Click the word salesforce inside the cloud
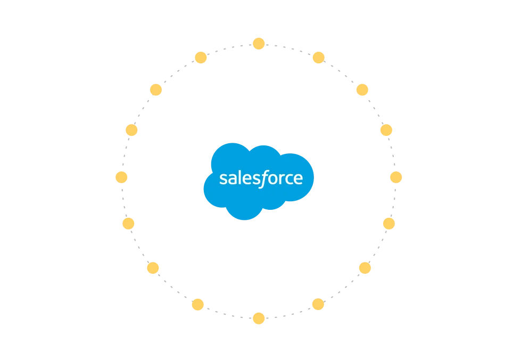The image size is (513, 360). pyautogui.click(x=261, y=178)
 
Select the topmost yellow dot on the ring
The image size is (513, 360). pyautogui.click(x=258, y=43)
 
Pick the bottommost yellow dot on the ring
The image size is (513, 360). pyautogui.click(x=259, y=318)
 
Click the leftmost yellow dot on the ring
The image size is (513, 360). pyautogui.click(x=121, y=177)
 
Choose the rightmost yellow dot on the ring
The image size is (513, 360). pyautogui.click(x=395, y=177)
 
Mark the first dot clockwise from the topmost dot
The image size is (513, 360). pyautogui.click(x=318, y=58)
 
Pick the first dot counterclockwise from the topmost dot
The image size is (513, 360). pyautogui.click(x=201, y=58)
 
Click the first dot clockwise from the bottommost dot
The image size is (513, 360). pyautogui.click(x=198, y=304)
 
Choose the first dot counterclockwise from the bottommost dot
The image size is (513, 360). pyautogui.click(x=317, y=304)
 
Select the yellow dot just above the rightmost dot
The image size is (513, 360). pyautogui.click(x=386, y=130)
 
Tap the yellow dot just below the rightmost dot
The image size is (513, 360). pyautogui.click(x=389, y=223)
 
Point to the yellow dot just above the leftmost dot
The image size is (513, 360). pyautogui.click(x=131, y=130)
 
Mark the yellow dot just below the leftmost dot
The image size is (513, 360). pyautogui.click(x=128, y=223)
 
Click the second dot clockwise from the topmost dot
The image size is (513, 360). pyautogui.click(x=362, y=89)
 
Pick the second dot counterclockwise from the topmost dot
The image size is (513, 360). pyautogui.click(x=155, y=89)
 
